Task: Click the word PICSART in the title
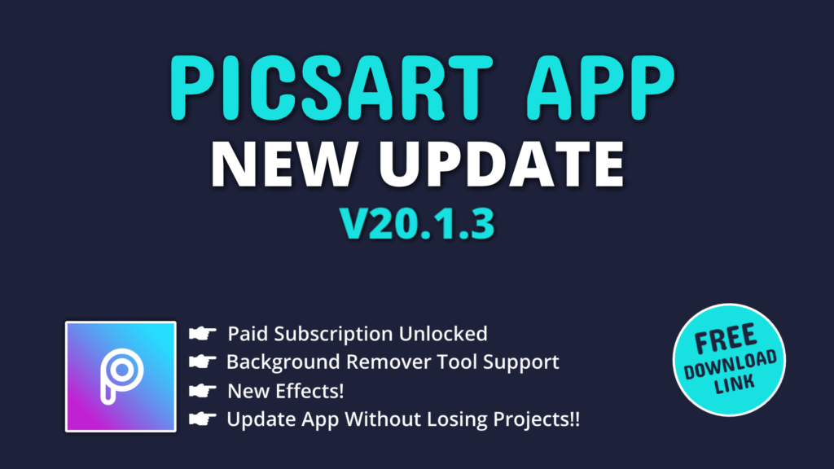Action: click(x=331, y=88)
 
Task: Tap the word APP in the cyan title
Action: click(x=600, y=88)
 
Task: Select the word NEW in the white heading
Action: click(x=283, y=164)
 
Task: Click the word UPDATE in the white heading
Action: click(x=502, y=164)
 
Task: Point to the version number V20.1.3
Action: click(x=418, y=223)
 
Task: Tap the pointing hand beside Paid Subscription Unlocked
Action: click(x=203, y=333)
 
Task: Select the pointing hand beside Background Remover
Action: click(x=203, y=362)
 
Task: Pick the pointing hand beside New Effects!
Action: click(x=203, y=391)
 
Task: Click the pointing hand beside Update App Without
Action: click(x=203, y=419)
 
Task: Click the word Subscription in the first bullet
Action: click(x=333, y=335)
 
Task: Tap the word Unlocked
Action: click(x=443, y=334)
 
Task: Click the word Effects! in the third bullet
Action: click(x=309, y=392)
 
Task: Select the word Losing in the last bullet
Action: click(x=457, y=420)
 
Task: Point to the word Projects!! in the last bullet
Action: click(x=536, y=420)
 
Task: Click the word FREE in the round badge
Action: click(x=726, y=339)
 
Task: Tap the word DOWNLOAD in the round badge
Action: click(x=730, y=365)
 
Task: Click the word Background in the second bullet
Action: click(x=283, y=362)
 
